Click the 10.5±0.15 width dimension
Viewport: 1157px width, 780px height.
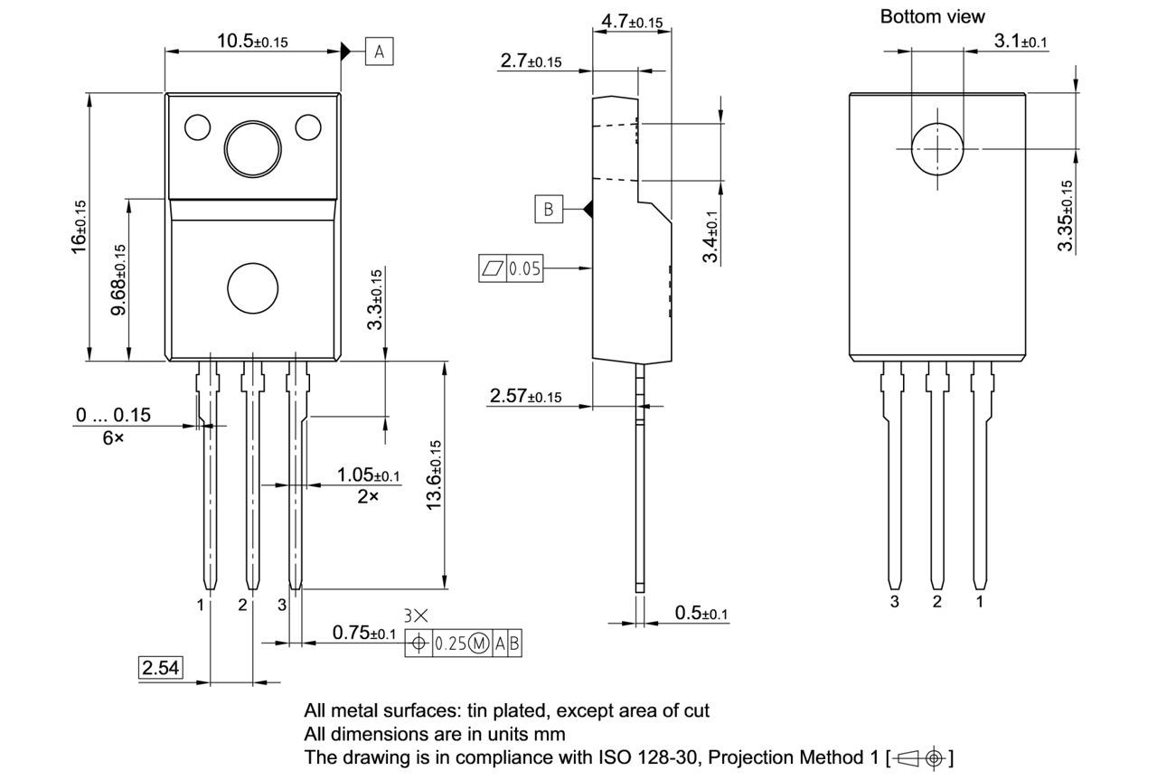[252, 41]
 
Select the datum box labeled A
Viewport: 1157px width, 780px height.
[379, 52]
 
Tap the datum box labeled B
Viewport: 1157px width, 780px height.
[548, 209]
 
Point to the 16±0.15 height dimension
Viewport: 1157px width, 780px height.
[80, 226]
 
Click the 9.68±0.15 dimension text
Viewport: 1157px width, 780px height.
[118, 280]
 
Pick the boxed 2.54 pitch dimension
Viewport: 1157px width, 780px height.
[160, 668]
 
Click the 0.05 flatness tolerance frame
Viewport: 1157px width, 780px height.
[511, 268]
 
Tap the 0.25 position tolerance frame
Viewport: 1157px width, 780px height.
[464, 644]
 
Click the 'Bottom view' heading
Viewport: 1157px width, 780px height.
[932, 16]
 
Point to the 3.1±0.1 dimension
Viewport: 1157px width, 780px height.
[1021, 41]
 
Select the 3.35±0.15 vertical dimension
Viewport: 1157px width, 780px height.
[1066, 217]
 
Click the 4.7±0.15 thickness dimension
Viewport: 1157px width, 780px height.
[632, 22]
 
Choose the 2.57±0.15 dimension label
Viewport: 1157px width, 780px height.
[525, 396]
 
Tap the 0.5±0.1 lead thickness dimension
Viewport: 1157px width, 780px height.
[701, 613]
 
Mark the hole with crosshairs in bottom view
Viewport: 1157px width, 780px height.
[938, 149]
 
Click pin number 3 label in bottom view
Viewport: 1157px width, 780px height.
[894, 602]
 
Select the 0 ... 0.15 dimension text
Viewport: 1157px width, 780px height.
[113, 415]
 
